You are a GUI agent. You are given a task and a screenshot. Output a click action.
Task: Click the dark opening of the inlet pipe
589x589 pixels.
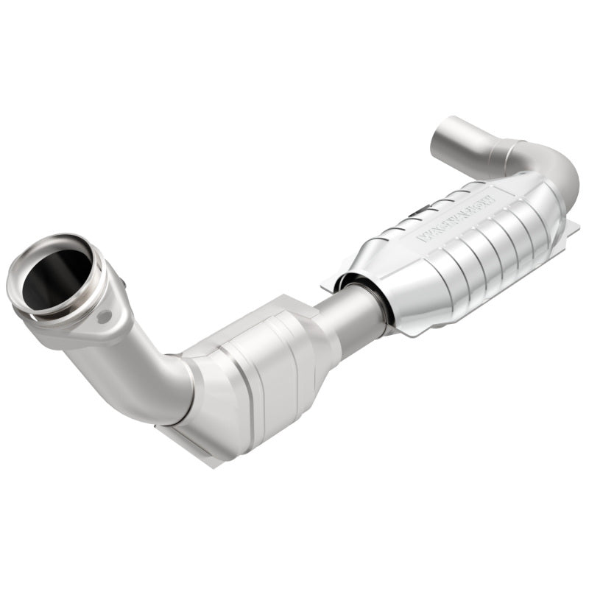[x=55, y=278]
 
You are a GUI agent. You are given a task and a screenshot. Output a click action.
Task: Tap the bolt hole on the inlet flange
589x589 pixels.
[x=105, y=317]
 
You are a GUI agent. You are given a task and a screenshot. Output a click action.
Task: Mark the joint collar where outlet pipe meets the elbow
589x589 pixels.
[x=508, y=151]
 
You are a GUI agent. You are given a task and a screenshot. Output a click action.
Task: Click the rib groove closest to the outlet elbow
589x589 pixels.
[x=530, y=221]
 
